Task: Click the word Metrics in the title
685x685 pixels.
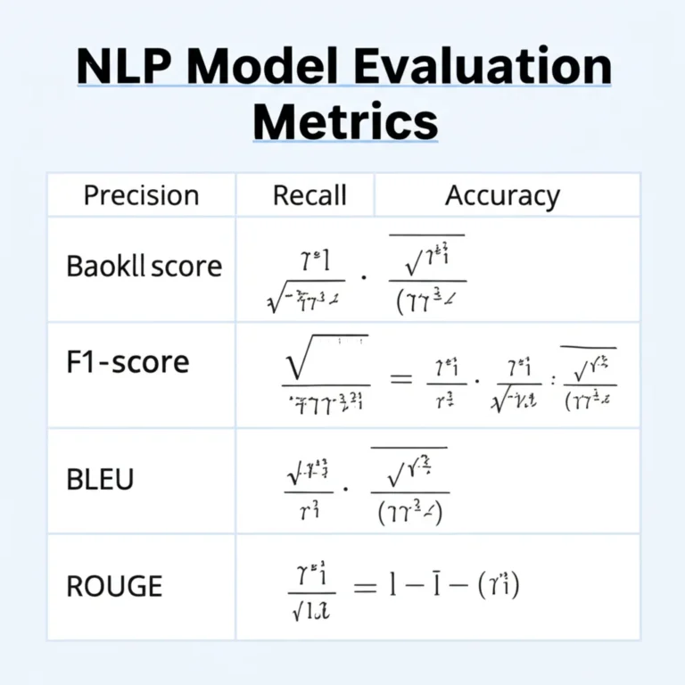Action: click(x=345, y=122)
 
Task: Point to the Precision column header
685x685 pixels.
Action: click(x=141, y=195)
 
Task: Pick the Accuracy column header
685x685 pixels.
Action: click(x=502, y=195)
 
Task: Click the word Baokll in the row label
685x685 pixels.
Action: click(x=106, y=266)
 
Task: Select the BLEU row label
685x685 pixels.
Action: click(x=100, y=479)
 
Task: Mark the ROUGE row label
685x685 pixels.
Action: click(x=114, y=586)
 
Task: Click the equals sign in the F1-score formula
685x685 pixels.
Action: click(x=402, y=378)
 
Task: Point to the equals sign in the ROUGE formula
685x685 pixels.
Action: click(x=363, y=586)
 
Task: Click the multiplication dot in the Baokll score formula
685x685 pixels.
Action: click(x=364, y=276)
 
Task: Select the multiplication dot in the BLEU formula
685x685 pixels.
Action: click(x=346, y=488)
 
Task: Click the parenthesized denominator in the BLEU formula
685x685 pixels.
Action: click(x=409, y=512)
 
